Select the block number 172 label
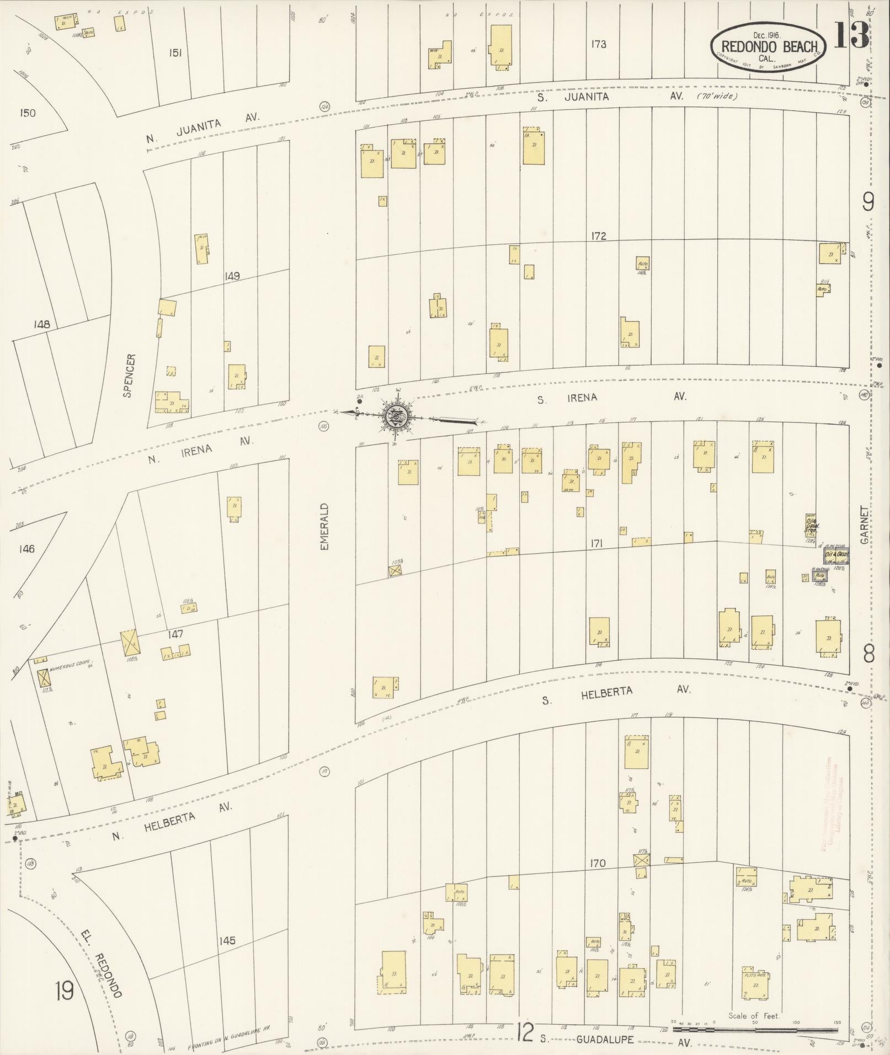598,236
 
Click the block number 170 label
597,864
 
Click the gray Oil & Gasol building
836,555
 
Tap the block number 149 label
232,276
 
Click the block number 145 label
227,940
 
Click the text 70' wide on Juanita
717,96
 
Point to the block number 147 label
175,635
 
